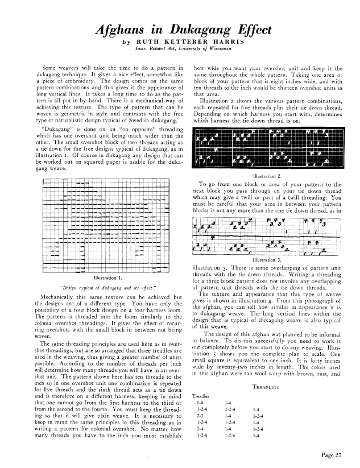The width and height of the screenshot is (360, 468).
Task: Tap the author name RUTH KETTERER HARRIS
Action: (190, 42)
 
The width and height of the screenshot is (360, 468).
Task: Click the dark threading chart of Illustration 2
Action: (269, 150)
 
